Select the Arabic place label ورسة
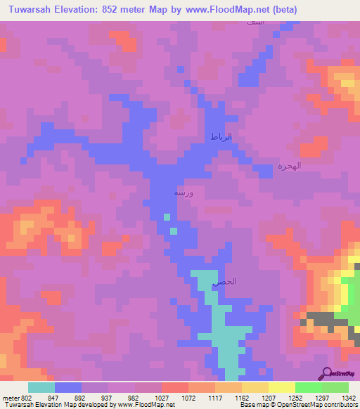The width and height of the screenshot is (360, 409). (185, 191)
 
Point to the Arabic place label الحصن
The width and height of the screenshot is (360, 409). (224, 281)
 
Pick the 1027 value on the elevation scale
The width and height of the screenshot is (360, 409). (162, 398)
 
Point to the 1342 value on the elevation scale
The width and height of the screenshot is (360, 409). (349, 398)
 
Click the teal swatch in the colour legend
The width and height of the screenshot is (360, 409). (41, 387)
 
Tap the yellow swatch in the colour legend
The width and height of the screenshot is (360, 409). (281, 387)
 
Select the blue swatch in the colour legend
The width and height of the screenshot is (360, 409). (67, 387)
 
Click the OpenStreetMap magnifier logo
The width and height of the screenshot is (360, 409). (326, 373)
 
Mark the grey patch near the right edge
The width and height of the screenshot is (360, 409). (322, 320)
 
